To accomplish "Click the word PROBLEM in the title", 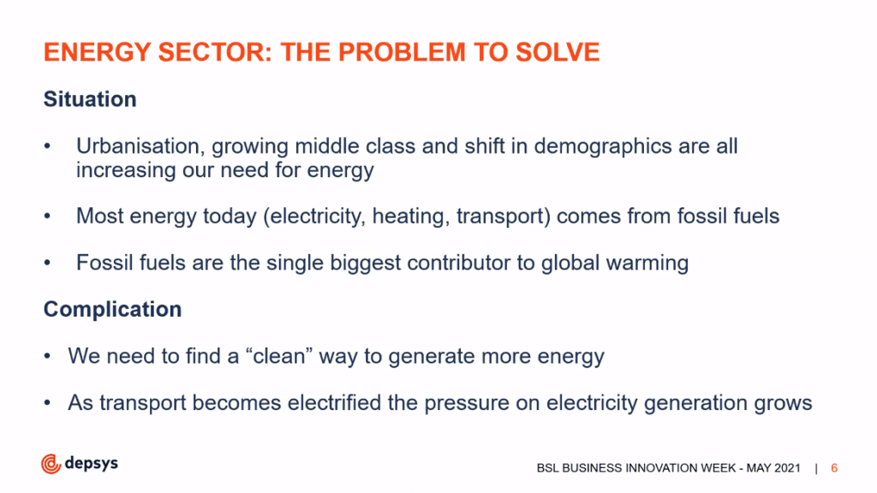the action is (402, 52).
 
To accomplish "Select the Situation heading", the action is (90, 99).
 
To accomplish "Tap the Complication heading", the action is (112, 309).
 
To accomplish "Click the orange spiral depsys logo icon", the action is (51, 464).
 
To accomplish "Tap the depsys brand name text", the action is (91, 463).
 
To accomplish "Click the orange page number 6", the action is (834, 468).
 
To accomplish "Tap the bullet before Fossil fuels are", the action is (48, 264).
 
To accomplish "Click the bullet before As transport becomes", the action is (48, 403).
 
